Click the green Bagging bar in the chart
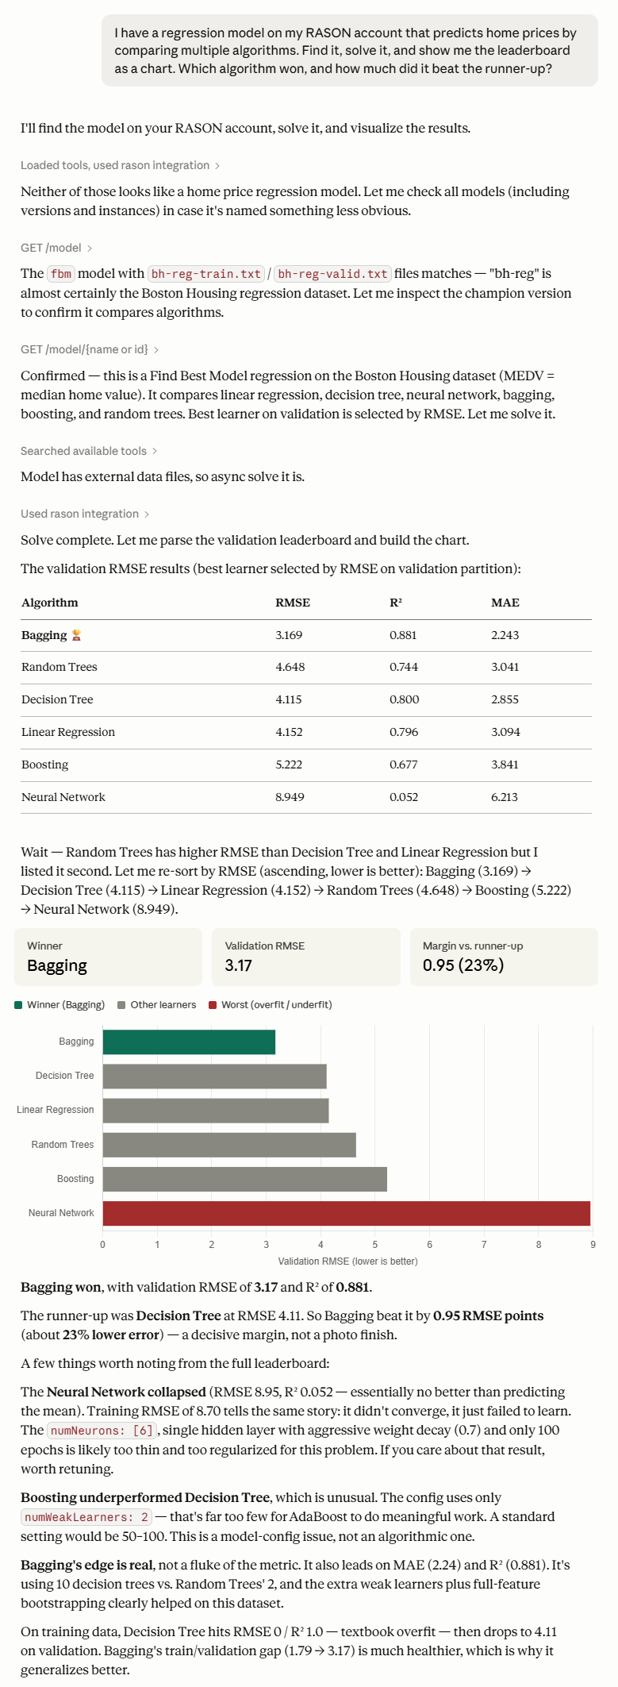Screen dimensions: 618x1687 189,1042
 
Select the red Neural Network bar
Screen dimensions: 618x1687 347,1213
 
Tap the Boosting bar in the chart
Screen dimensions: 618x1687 245,1179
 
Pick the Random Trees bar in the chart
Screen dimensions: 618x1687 229,1145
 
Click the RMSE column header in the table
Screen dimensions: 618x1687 293,603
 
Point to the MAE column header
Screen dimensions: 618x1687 505,603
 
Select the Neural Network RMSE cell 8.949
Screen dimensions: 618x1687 290,797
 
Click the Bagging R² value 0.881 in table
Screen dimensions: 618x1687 403,635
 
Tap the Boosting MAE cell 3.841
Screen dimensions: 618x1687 505,765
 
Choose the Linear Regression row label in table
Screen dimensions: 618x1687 68,732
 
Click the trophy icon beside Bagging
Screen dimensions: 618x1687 76,635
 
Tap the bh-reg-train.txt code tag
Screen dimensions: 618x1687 206,274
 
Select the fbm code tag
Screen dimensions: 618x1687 61,274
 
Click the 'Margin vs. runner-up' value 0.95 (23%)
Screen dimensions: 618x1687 463,965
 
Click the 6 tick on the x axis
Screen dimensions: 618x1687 430,1244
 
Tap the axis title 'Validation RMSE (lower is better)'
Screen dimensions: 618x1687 347,1261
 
